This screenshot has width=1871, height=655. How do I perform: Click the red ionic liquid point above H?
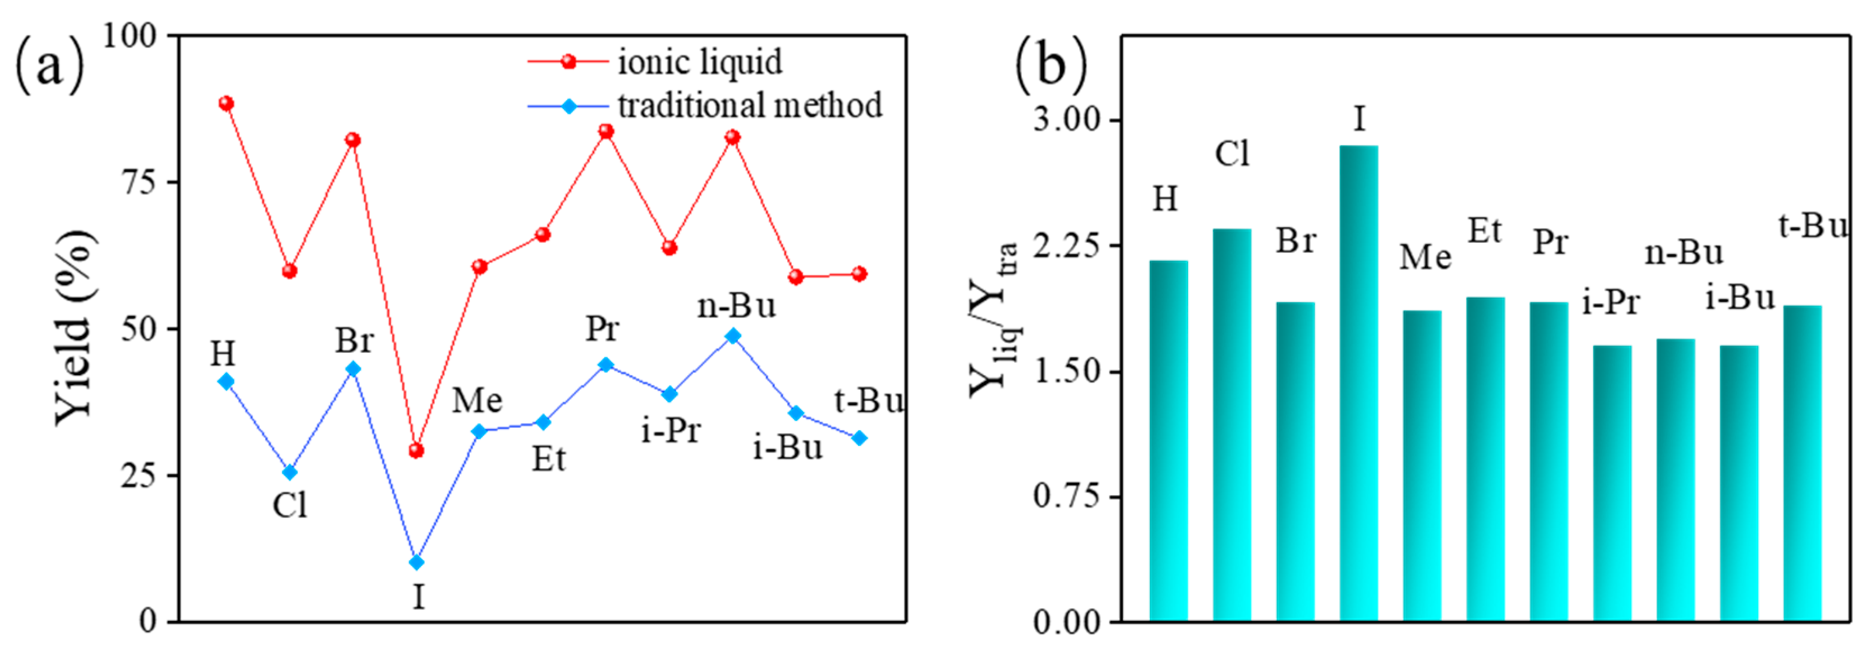point(226,103)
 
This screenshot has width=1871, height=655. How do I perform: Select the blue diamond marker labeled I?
point(416,562)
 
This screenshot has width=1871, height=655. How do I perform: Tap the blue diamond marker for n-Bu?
point(733,335)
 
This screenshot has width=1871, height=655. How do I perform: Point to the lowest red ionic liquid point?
point(416,451)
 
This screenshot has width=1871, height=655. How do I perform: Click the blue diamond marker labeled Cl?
point(289,473)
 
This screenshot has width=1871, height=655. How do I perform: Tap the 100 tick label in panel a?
point(131,35)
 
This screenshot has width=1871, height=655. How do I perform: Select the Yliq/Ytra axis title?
point(995,320)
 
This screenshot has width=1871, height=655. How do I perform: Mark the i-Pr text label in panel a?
point(671,431)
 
